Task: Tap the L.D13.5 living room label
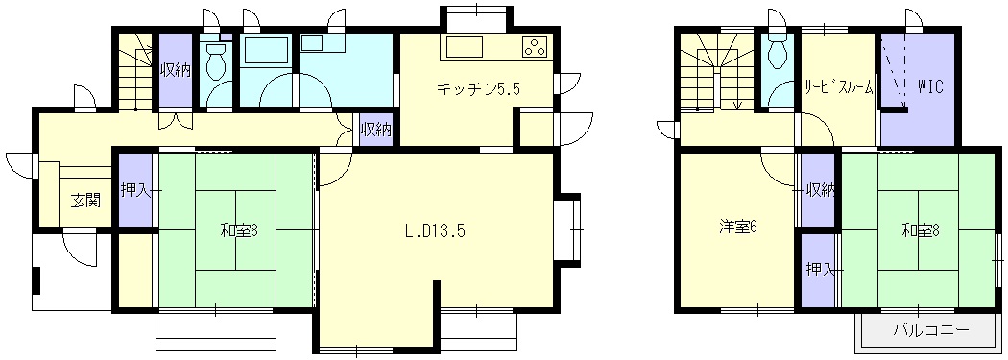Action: point(435,230)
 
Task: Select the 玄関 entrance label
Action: point(84,202)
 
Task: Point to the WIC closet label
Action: point(929,87)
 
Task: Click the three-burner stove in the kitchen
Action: point(535,48)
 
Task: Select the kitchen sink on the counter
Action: point(460,48)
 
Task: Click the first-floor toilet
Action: point(216,60)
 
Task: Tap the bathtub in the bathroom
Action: point(266,50)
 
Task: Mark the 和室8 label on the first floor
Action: point(238,229)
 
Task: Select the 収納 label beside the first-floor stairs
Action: point(176,70)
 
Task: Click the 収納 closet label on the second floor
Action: point(821,190)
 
